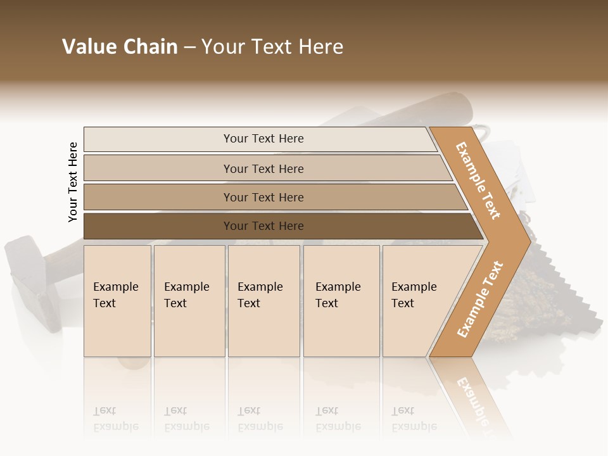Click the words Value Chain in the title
[x=120, y=47]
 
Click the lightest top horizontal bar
[x=158, y=139]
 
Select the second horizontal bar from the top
[x=158, y=168]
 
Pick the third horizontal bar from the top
[x=158, y=197]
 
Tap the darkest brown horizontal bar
[x=158, y=226]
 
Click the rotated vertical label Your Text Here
[x=73, y=182]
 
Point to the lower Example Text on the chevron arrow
[x=480, y=300]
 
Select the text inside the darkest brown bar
[x=263, y=226]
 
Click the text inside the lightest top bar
[x=263, y=139]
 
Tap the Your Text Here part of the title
[x=272, y=47]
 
